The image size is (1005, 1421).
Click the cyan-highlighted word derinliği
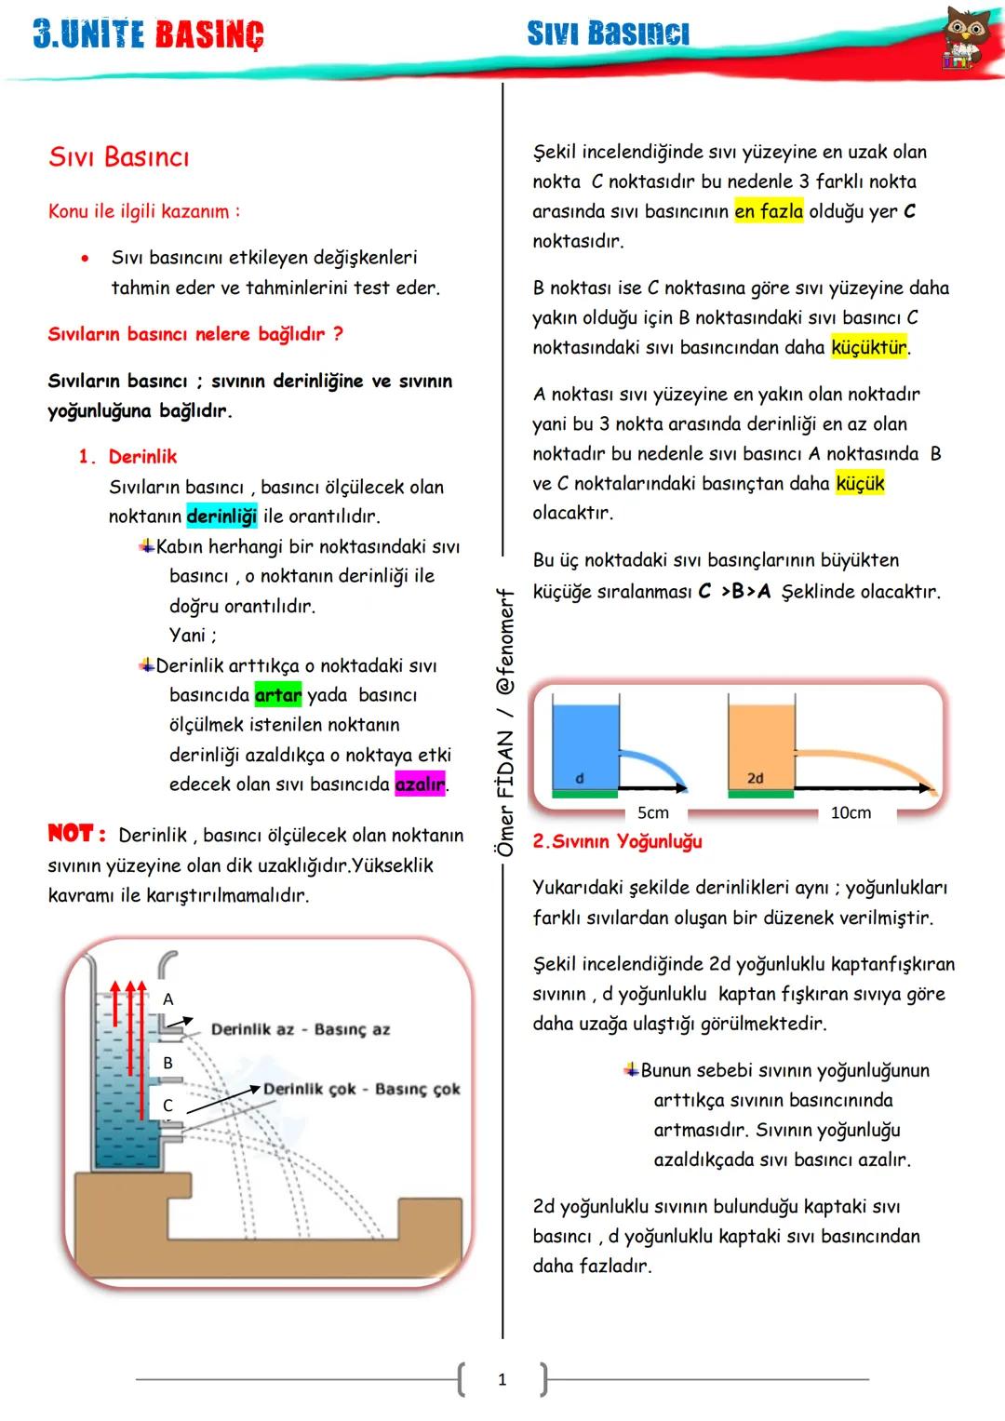click(221, 516)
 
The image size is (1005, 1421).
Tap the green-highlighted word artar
click(278, 695)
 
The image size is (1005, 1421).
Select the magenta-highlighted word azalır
click(420, 784)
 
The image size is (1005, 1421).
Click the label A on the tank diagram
click(168, 999)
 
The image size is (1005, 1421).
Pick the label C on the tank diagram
click(168, 1106)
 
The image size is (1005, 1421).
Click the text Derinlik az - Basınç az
click(301, 1029)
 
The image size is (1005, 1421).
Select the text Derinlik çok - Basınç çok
click(362, 1089)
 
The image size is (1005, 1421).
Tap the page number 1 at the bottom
click(502, 1380)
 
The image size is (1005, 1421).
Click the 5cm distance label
click(653, 812)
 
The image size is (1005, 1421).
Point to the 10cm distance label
click(851, 812)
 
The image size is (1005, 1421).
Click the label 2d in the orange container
click(756, 778)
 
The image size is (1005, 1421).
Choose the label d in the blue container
click(580, 778)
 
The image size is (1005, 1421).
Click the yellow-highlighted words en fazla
click(769, 211)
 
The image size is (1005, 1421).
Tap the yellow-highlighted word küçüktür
click(868, 348)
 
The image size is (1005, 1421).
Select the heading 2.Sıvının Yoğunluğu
click(617, 841)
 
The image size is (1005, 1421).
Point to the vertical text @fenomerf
click(505, 642)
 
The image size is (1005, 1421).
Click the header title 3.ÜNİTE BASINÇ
click(149, 34)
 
